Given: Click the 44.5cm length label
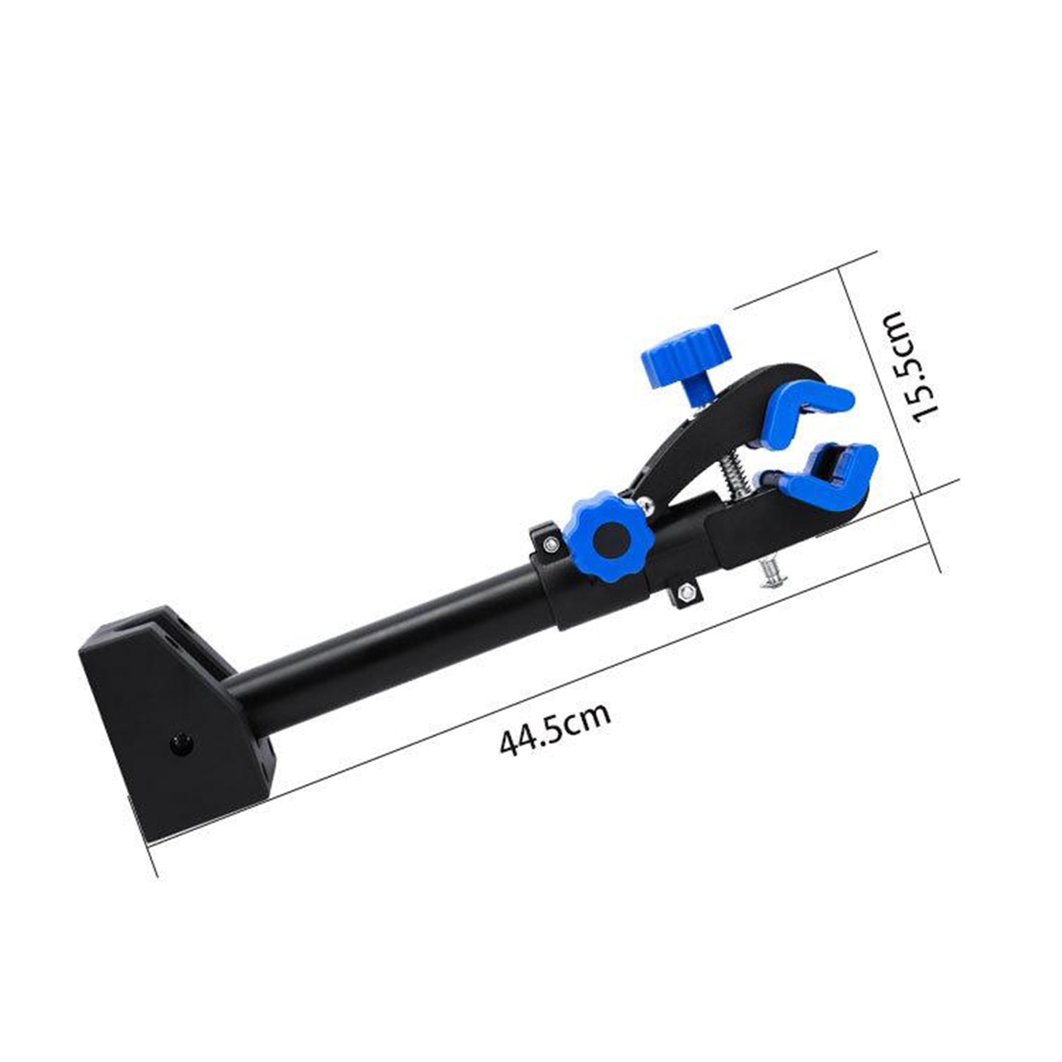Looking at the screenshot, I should (x=555, y=729).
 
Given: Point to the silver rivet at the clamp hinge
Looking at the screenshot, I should (x=648, y=506).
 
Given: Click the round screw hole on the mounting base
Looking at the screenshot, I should (x=179, y=742).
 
